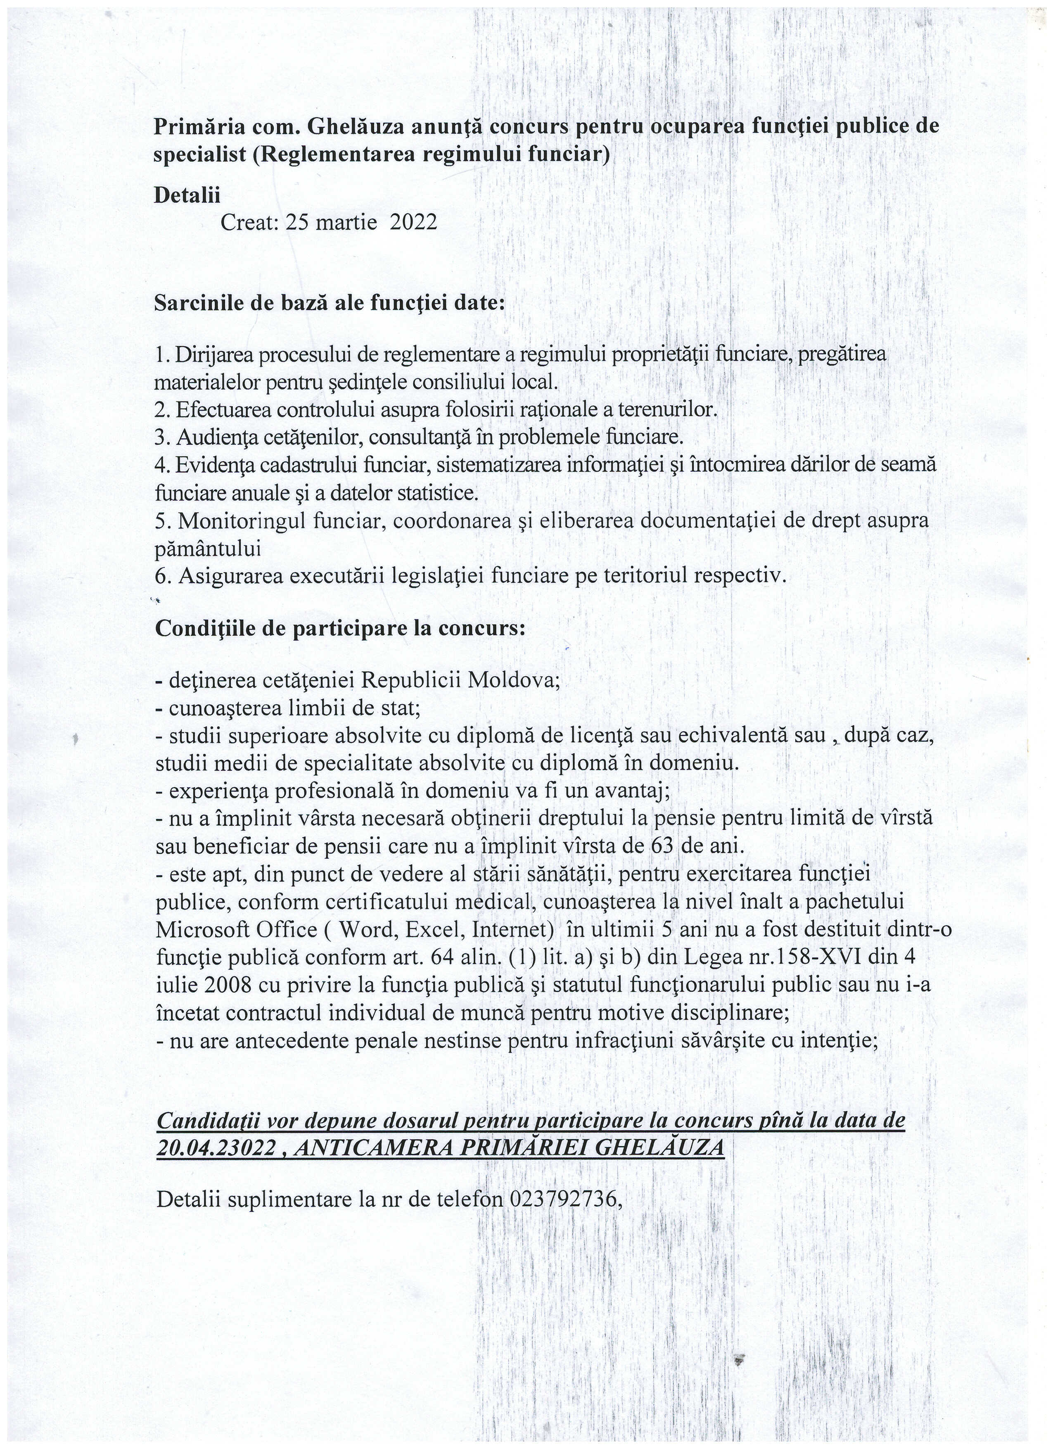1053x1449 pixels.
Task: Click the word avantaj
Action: (x=630, y=791)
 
